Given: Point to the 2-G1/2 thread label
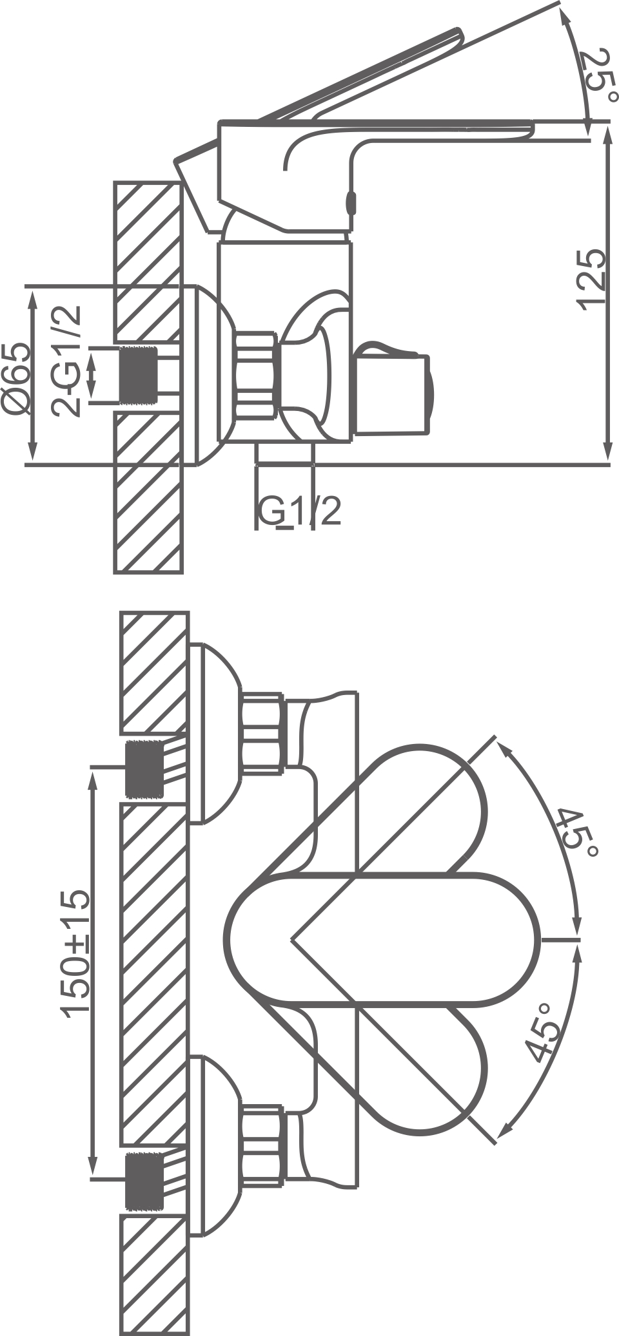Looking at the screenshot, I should pyautogui.click(x=67, y=361).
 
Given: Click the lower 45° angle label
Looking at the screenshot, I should pyautogui.click(x=540, y=1032).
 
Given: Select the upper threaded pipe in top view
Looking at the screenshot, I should pyautogui.click(x=142, y=768).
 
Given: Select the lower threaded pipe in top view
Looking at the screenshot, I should pyautogui.click(x=143, y=1180).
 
